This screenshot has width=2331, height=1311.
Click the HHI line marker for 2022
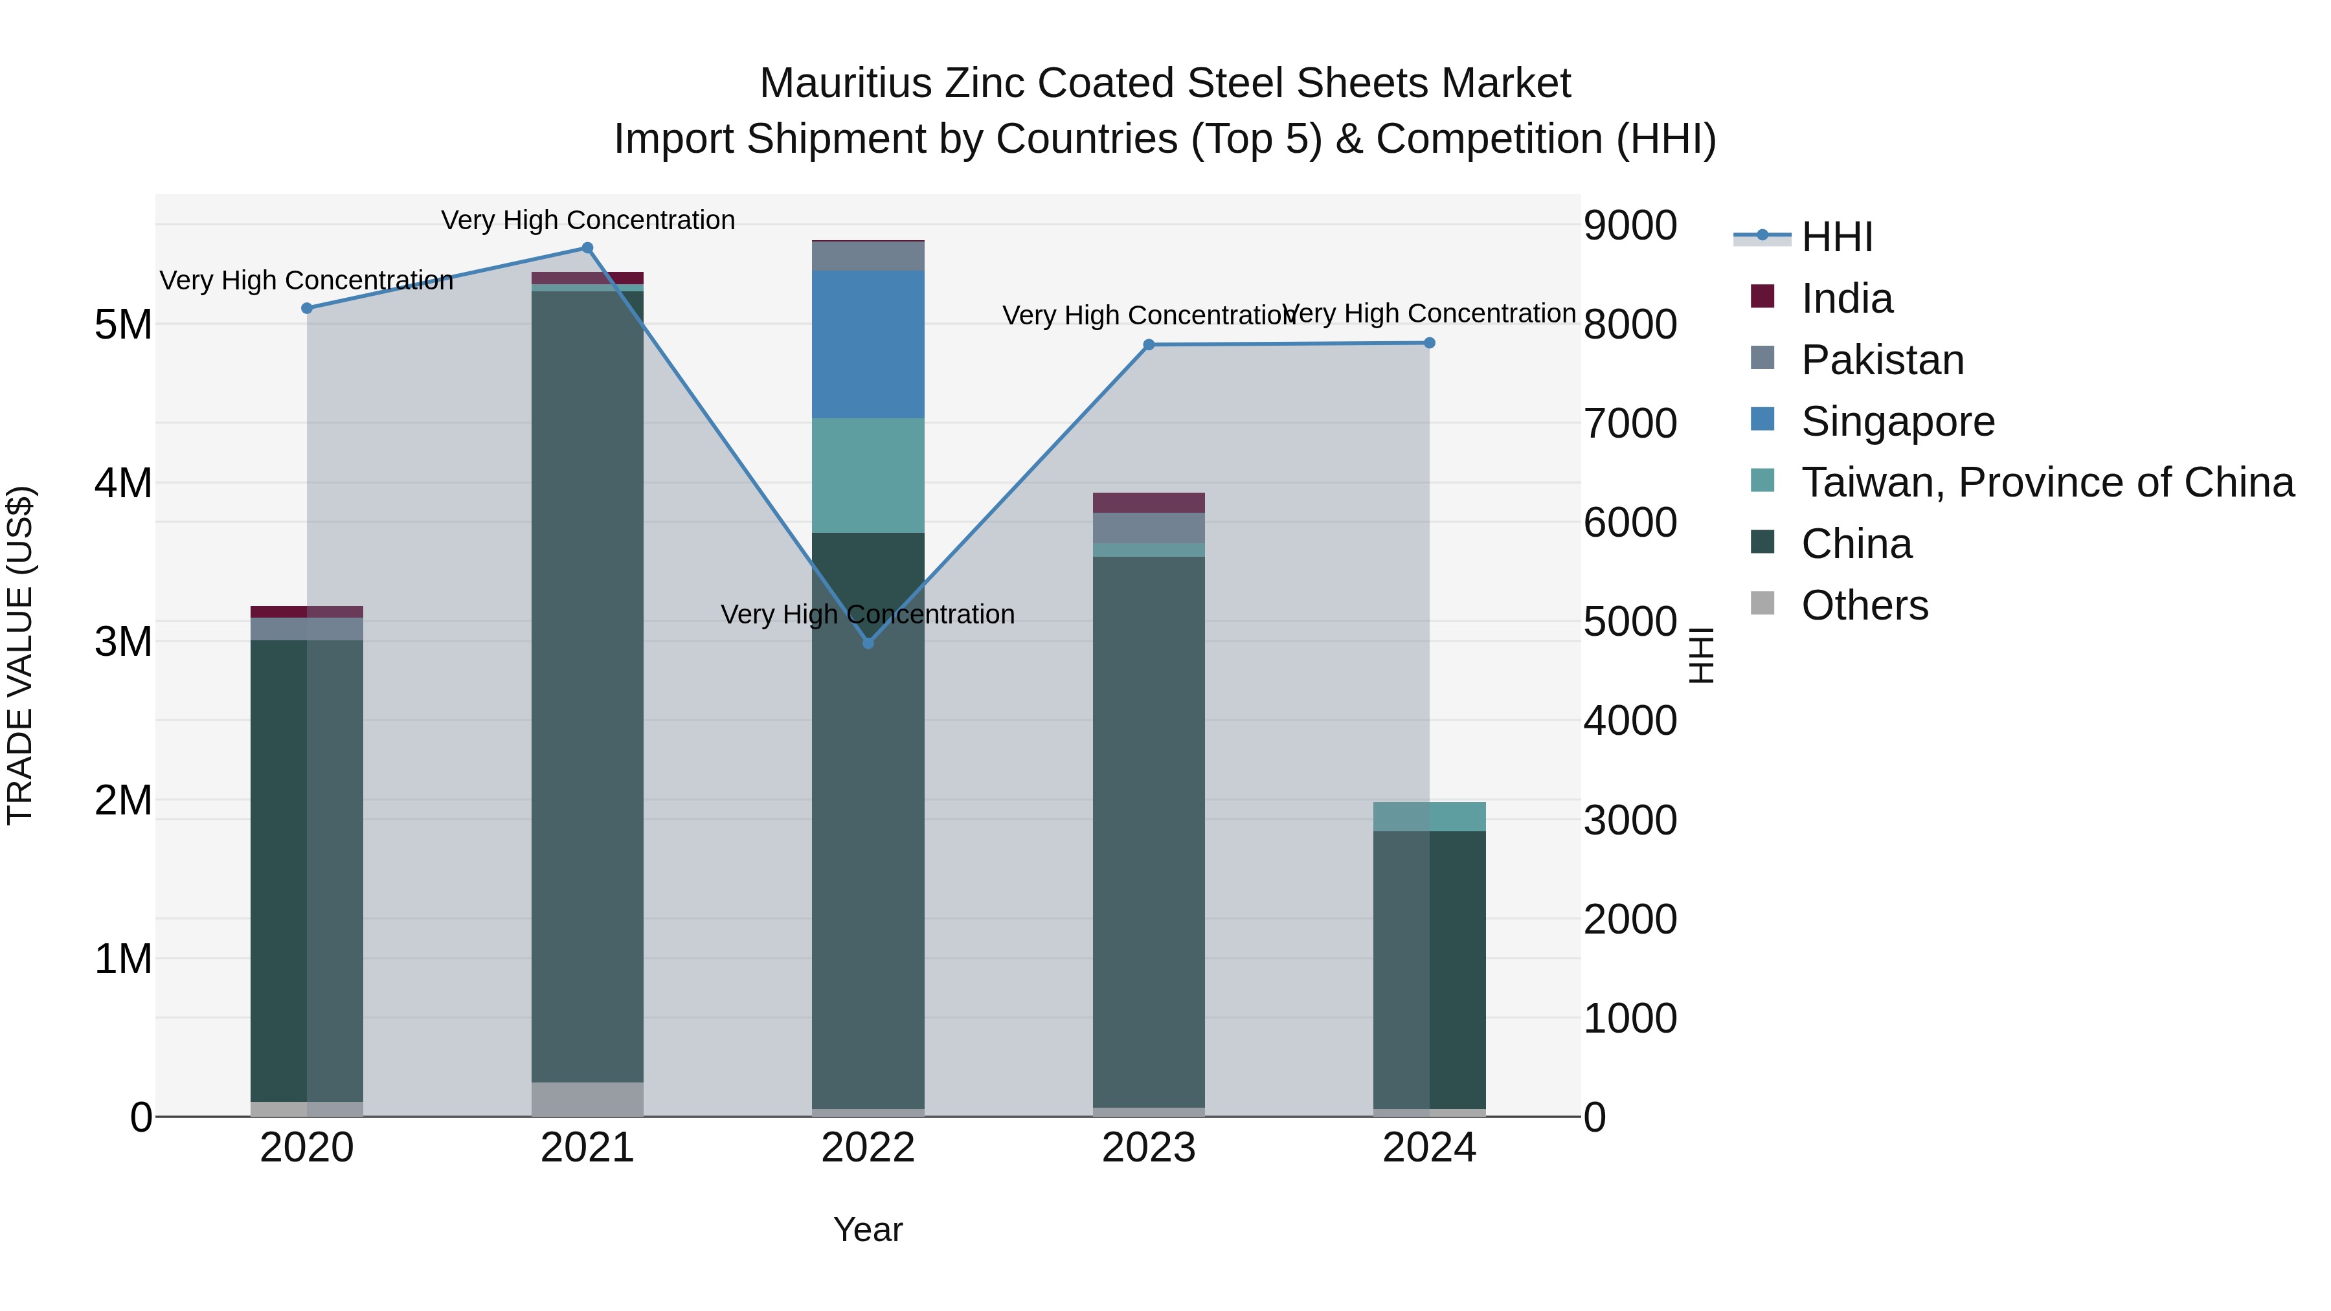(868, 642)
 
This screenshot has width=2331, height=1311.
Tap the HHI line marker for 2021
(587, 248)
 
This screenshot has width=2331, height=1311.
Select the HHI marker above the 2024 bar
(1430, 343)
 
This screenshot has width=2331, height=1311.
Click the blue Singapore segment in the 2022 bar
(868, 344)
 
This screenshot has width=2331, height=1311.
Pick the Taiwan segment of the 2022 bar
(868, 475)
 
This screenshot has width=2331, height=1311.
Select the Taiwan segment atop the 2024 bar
(1430, 816)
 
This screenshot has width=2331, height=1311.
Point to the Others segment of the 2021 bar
(587, 1099)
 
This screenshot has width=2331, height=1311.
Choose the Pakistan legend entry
(1882, 360)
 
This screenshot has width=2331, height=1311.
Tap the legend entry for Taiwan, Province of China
(2047, 482)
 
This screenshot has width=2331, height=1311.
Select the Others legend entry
(1864, 605)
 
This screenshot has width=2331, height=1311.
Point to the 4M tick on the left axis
(123, 483)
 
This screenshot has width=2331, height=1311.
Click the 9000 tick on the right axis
(1630, 225)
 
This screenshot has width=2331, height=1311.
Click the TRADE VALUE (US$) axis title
(20, 655)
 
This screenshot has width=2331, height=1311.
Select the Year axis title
(868, 1229)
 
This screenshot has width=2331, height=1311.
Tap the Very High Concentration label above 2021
(587, 220)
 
